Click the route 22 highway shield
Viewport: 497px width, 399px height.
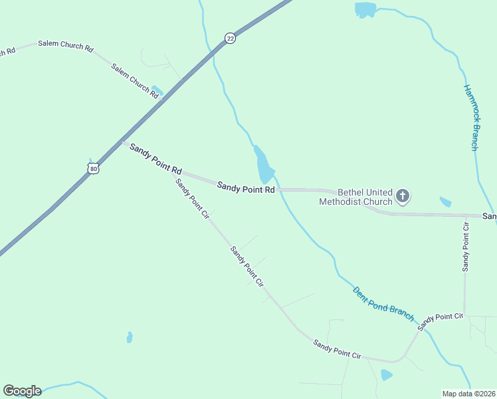pyautogui.click(x=230, y=39)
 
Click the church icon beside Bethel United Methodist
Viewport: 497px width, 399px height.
pyautogui.click(x=403, y=196)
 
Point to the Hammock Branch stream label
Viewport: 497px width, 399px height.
pyautogui.click(x=470, y=117)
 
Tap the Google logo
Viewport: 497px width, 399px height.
pyautogui.click(x=22, y=391)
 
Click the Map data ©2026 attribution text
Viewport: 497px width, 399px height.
pyautogui.click(x=468, y=393)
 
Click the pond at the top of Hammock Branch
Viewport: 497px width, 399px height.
pyautogui.click(x=364, y=9)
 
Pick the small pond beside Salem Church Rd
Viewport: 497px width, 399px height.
pyautogui.click(x=157, y=90)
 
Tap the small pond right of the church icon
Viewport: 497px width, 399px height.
pyautogui.click(x=445, y=201)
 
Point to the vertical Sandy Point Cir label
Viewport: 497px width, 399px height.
pyautogui.click(x=466, y=244)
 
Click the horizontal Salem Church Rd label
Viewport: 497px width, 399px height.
pyautogui.click(x=65, y=46)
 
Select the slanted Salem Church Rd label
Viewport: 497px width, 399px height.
pyautogui.click(x=135, y=81)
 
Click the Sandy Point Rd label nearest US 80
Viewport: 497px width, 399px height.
pyautogui.click(x=155, y=158)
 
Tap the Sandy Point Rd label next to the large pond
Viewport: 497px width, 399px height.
pyautogui.click(x=246, y=190)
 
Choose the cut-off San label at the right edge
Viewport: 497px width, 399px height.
pyautogui.click(x=489, y=217)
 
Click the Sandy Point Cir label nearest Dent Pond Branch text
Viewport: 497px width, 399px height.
pyautogui.click(x=439, y=321)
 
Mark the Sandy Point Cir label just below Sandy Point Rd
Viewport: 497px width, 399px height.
pyautogui.click(x=192, y=198)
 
